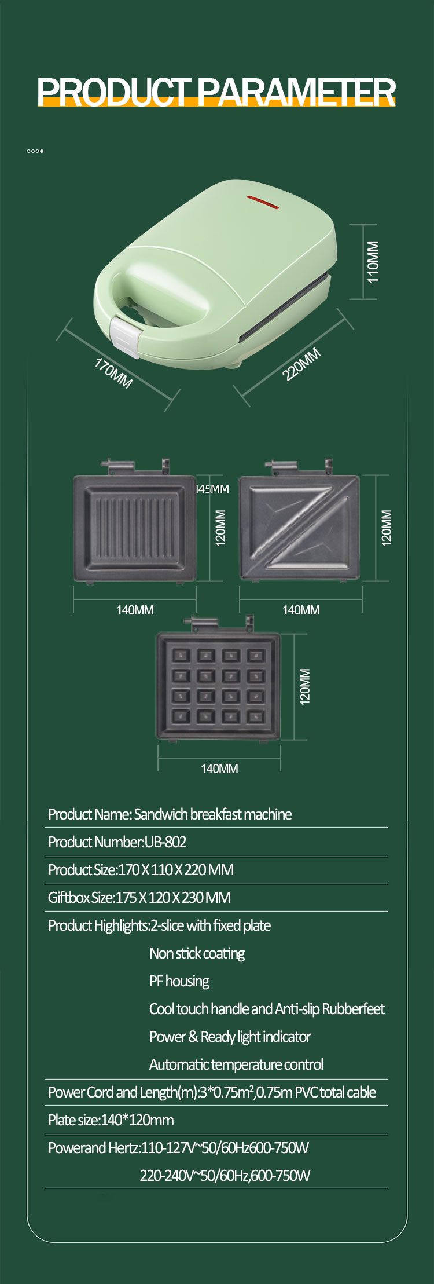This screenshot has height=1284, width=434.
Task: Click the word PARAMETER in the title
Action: [297, 92]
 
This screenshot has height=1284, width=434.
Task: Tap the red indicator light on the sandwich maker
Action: [263, 202]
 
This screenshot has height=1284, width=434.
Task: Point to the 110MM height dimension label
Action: [373, 262]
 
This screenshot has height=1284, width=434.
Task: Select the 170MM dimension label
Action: [113, 373]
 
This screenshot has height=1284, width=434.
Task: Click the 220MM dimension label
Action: [301, 364]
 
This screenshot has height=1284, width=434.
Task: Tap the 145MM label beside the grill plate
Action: [212, 489]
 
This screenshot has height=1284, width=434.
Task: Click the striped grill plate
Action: [135, 528]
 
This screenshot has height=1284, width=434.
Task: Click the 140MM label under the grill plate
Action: [135, 610]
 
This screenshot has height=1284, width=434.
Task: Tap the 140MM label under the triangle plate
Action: [301, 610]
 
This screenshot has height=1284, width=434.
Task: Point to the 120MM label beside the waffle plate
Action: [305, 686]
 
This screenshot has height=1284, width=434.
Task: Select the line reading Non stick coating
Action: [197, 953]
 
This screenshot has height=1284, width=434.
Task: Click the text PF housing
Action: [179, 981]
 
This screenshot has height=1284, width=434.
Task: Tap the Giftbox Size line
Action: [139, 898]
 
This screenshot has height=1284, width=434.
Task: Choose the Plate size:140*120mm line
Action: [111, 1120]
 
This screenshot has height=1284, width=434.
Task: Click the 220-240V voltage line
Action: [225, 1175]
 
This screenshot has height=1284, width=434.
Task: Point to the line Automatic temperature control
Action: [236, 1064]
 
